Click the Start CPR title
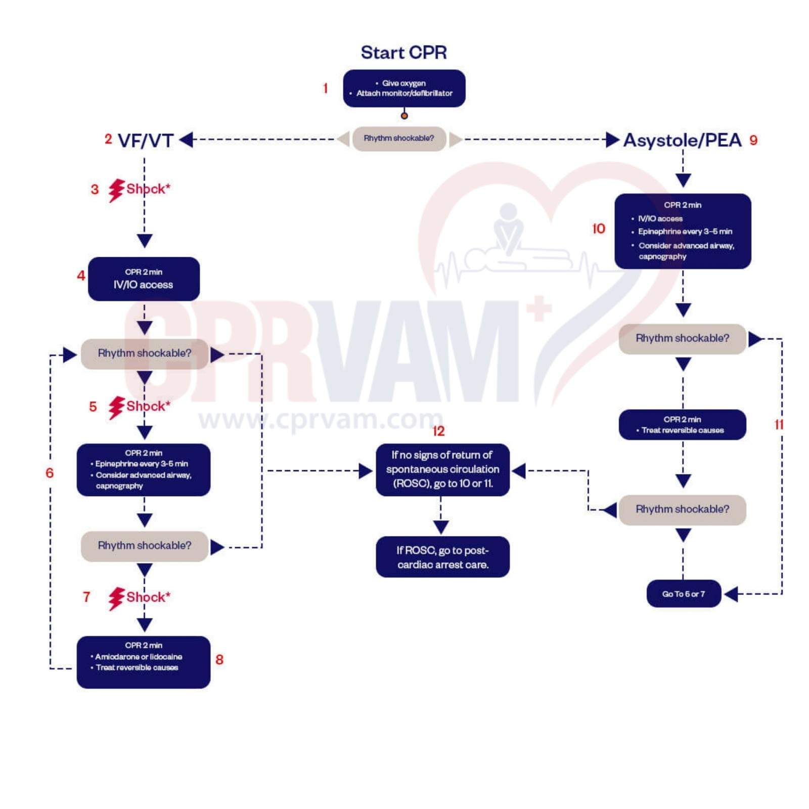(403, 53)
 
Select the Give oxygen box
(404, 88)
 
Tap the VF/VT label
(146, 141)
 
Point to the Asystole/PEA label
(682, 140)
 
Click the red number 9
(753, 141)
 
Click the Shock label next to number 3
(148, 189)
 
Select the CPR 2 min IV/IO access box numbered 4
(144, 279)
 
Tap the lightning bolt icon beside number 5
(116, 407)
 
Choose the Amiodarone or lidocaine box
(144, 661)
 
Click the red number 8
(219, 659)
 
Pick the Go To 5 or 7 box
(684, 594)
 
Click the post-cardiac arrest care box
(442, 557)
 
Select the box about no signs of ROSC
(442, 469)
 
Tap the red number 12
(438, 431)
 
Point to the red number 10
(599, 229)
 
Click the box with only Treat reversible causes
(682, 425)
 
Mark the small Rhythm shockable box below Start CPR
(399, 139)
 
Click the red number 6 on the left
(50, 473)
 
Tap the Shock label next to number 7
(148, 597)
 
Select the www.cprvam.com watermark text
(321, 420)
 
